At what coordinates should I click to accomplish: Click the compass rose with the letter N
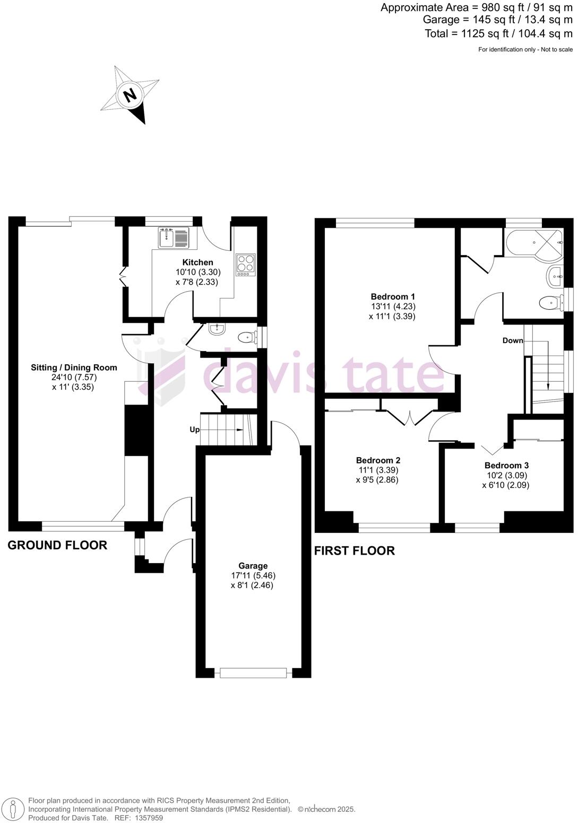[x=131, y=95]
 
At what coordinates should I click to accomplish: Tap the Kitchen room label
[x=197, y=262]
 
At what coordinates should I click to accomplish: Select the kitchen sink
[x=173, y=237]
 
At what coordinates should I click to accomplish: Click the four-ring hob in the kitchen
[x=245, y=264]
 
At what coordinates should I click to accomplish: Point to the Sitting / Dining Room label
[x=74, y=367]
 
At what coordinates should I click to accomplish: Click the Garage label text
[x=253, y=566]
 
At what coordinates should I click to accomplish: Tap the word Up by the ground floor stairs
[x=194, y=430]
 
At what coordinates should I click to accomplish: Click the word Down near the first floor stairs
[x=513, y=340]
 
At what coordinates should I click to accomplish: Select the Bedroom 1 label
[x=393, y=297]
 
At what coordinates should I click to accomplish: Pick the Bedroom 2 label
[x=378, y=460]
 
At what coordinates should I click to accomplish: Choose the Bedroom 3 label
[x=506, y=466]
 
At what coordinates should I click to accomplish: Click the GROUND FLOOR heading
[x=57, y=545]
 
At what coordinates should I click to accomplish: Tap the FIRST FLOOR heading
[x=354, y=551]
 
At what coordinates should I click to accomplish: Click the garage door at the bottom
[x=253, y=673]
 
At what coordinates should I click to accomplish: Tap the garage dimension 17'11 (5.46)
[x=253, y=575]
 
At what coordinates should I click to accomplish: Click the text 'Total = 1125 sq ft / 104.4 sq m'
[x=498, y=33]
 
